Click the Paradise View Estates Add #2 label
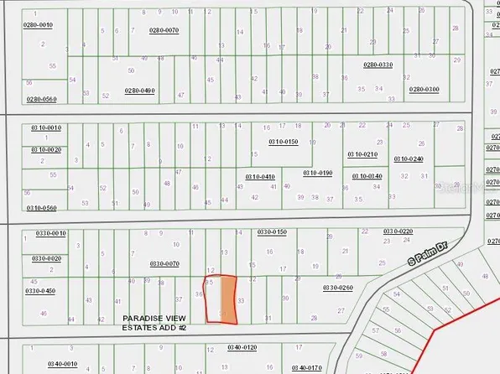click(160, 323)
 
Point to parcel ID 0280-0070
click(164, 30)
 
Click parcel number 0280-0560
click(41, 99)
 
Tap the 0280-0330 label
click(378, 65)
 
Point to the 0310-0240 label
click(409, 158)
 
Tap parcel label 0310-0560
click(41, 207)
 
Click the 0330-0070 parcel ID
click(165, 263)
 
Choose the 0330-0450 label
click(40, 291)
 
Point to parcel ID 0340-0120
click(242, 346)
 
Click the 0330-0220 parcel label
click(398, 231)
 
